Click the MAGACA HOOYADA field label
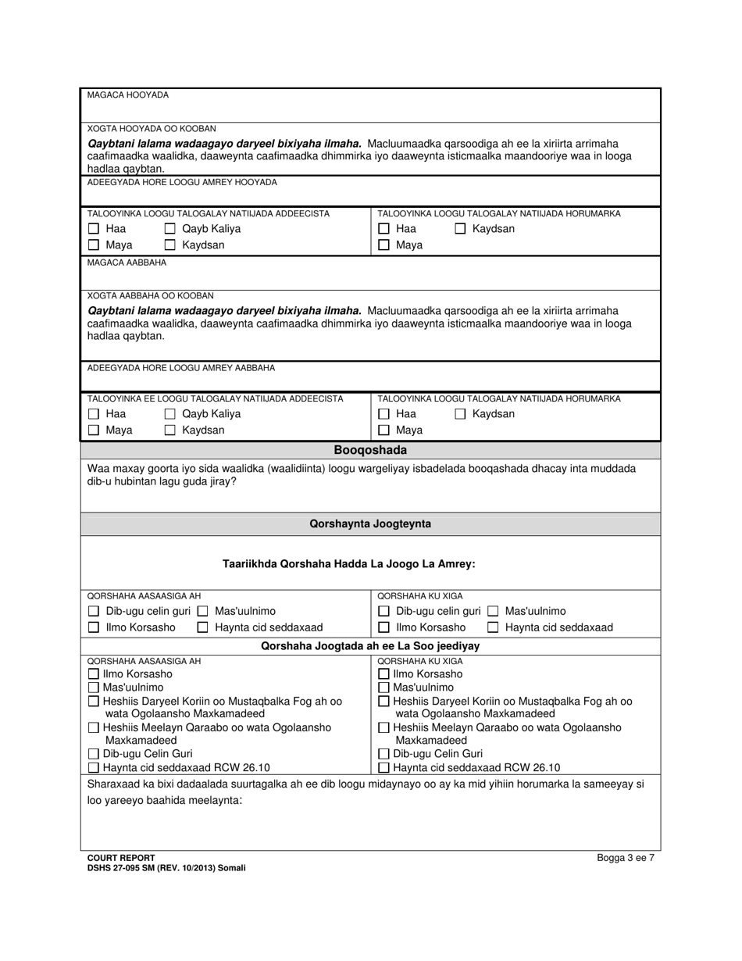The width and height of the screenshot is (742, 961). [x=127, y=95]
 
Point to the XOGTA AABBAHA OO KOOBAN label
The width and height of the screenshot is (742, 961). [x=150, y=296]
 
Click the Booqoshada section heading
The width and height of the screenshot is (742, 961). [x=370, y=450]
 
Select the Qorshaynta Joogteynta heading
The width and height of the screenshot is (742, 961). [x=370, y=524]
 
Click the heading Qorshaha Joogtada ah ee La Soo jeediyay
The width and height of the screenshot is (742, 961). [x=370, y=646]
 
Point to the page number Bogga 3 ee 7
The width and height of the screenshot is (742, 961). [x=625, y=857]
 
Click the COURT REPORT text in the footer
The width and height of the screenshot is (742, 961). [x=121, y=857]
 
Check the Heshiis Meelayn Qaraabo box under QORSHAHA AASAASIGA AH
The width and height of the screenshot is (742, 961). [x=94, y=728]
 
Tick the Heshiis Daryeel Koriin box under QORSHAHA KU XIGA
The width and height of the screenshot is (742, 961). [x=383, y=702]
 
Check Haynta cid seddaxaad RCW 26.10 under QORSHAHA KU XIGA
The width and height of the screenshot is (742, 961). [x=383, y=768]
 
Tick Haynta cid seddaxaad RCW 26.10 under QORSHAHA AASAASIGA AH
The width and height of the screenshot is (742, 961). [x=94, y=768]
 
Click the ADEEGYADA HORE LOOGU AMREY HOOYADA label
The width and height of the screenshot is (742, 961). [x=182, y=182]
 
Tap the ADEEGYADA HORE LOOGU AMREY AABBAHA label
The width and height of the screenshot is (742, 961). [x=180, y=367]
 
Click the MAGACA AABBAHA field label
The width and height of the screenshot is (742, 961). [x=126, y=263]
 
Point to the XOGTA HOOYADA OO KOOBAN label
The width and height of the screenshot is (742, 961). [x=152, y=128]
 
